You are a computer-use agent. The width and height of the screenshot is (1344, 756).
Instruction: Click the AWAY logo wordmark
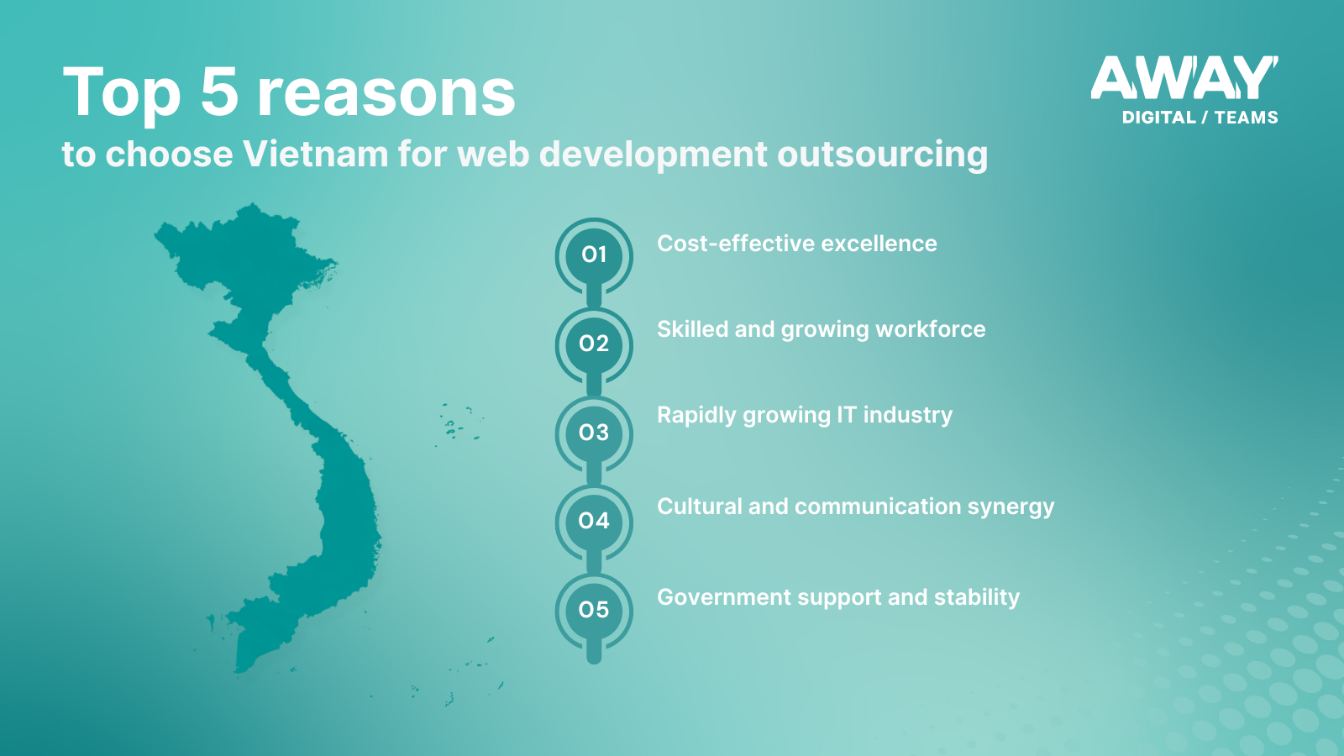coord(1184,78)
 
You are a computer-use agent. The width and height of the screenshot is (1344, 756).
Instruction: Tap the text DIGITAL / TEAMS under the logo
coord(1200,118)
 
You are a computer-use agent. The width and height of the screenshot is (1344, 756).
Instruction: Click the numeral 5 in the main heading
coord(219,92)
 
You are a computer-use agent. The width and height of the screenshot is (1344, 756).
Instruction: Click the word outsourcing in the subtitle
coord(883,155)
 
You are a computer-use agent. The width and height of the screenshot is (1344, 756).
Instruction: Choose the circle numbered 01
coord(594,255)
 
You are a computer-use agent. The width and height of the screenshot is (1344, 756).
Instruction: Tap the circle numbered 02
coord(594,344)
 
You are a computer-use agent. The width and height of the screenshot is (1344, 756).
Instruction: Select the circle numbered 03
coord(594,433)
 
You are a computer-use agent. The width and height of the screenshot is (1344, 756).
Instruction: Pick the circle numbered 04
coord(594,522)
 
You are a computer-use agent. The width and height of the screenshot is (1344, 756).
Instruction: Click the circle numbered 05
coord(594,610)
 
